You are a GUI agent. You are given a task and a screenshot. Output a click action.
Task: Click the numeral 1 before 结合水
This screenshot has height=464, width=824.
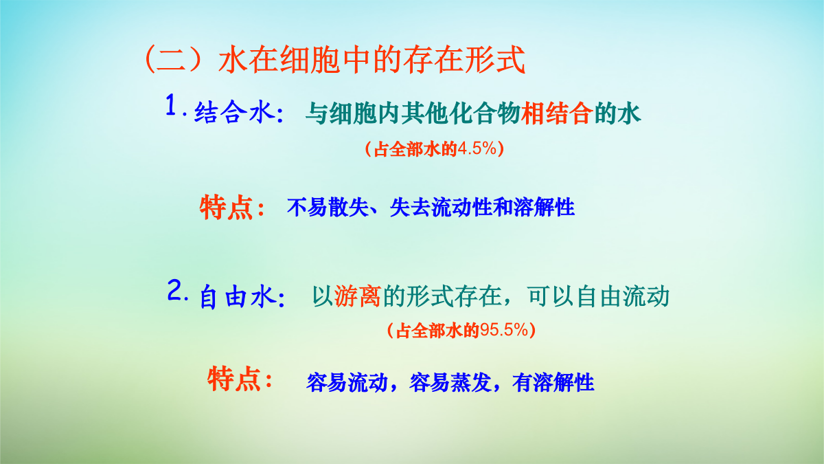coord(171,104)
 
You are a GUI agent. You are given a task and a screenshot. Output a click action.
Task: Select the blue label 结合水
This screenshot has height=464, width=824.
coord(235,112)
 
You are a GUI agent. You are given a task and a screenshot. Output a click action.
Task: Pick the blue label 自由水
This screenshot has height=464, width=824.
coord(238,297)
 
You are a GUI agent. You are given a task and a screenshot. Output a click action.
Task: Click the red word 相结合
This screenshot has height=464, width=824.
coord(557,113)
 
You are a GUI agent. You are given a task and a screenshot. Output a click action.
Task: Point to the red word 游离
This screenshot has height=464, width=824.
coord(358,296)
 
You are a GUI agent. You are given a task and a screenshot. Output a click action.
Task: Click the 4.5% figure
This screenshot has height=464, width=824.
coord(477,148)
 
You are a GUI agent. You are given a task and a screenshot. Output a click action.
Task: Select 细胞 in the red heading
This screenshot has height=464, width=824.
coord(310,59)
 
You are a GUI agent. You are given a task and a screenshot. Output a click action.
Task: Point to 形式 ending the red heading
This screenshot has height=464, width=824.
coord(495,59)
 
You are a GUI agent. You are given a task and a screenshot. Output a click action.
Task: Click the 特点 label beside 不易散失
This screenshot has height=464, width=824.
coord(226,208)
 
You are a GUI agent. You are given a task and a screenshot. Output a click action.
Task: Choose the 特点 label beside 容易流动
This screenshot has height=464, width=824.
coord(234,379)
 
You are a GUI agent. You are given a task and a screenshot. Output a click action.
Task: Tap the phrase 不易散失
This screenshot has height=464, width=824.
coord(328,208)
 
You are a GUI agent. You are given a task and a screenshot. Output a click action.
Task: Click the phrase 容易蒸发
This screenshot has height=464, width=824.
coord(450,383)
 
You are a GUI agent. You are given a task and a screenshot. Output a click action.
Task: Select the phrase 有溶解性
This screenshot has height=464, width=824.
coord(553,383)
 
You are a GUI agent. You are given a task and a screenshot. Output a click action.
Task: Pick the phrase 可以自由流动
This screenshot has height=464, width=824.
coord(598,296)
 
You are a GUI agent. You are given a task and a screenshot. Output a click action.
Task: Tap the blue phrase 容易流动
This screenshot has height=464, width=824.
coord(347,383)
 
